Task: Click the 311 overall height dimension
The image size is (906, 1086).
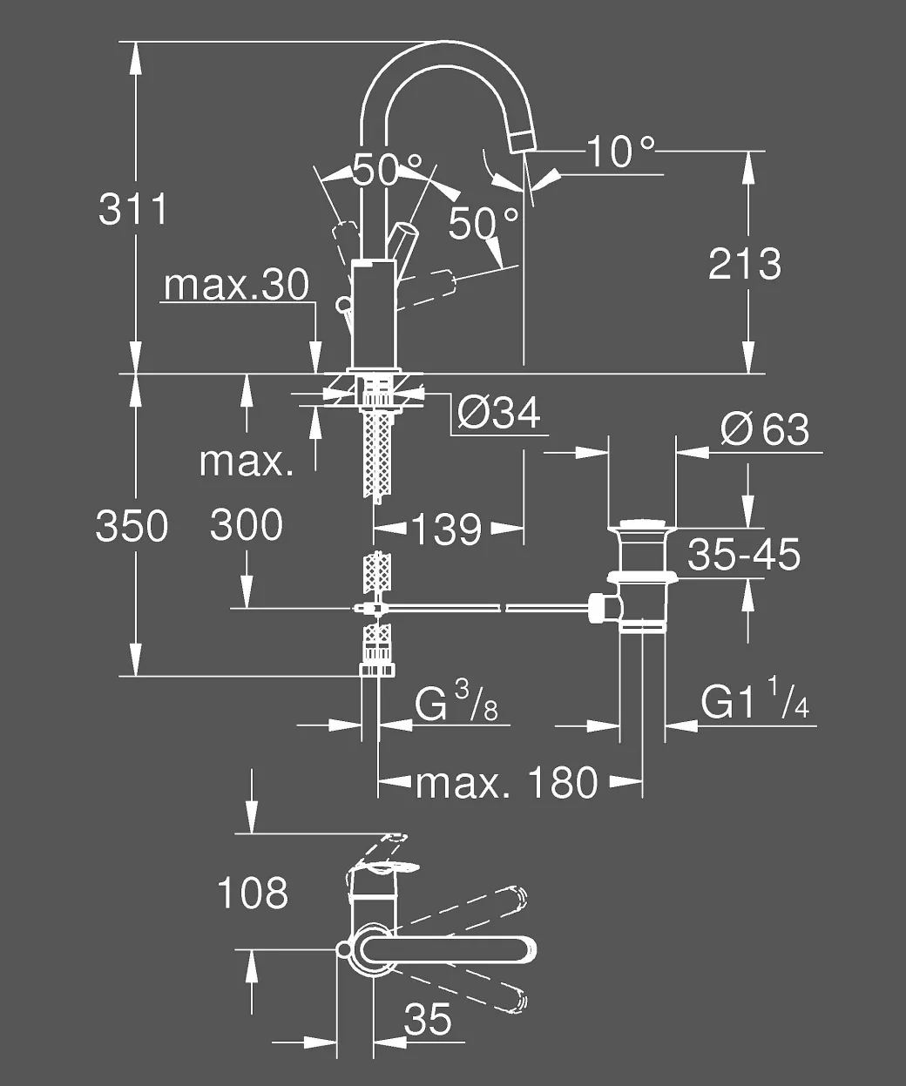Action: click(132, 209)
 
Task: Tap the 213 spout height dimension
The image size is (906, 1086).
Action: click(745, 264)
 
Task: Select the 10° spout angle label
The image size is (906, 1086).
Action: click(621, 152)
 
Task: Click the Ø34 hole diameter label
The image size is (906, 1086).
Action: click(499, 414)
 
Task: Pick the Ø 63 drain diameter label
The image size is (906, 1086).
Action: click(765, 429)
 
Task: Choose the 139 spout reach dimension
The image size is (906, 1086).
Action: click(447, 530)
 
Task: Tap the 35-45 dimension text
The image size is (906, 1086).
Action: click(744, 555)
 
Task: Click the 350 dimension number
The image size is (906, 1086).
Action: click(132, 525)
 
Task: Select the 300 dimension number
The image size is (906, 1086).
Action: click(247, 525)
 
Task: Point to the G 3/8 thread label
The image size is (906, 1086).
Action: click(456, 702)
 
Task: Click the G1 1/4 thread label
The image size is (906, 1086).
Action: click(754, 699)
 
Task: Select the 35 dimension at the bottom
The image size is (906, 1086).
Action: click(427, 1019)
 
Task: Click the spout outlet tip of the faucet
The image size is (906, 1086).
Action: click(522, 142)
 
